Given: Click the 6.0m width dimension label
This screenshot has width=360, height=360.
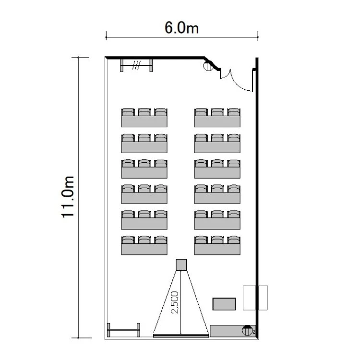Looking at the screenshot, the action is pos(181,28).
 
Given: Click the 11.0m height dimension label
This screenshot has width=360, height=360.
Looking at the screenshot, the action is pos(68,197).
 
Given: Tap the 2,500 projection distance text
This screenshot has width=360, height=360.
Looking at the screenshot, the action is pos(175,302).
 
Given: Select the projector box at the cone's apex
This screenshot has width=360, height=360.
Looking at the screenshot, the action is pos(181,264).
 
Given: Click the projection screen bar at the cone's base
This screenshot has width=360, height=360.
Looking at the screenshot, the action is pos(181,336).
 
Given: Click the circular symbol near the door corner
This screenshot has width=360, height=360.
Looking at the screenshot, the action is pos(208,66).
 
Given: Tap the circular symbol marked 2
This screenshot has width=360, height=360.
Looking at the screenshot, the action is pos(247,331).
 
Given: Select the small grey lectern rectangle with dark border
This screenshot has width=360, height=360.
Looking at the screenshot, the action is pos(224,304).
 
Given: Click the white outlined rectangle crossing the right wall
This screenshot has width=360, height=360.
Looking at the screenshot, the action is pos(255,298).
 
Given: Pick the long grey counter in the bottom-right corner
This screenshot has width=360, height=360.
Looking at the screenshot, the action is pos(233,331).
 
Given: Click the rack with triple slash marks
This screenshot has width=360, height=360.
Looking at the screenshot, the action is pos(136,65).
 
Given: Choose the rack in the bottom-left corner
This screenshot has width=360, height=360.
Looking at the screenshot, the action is pos(123,330).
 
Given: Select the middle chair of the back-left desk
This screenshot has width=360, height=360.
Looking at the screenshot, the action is pos(144,112).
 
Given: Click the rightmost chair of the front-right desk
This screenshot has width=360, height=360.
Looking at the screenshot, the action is pos(234,240).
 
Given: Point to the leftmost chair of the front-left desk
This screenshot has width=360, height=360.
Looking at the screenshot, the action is pos(128,240).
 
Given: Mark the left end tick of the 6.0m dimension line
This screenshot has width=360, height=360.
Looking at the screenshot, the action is pos(106,37).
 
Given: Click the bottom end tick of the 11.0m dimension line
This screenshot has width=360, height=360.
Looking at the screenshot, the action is pos(79,338).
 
